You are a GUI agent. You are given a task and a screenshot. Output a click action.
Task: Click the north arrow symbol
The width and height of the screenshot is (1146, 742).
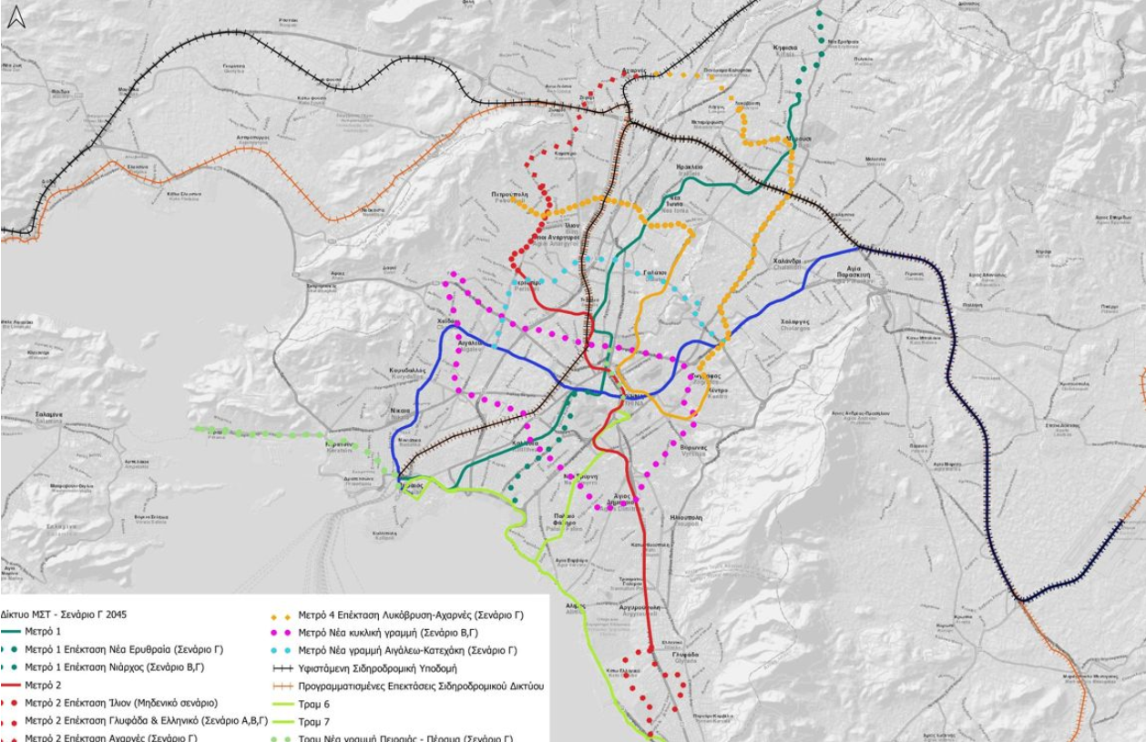(x=16, y=16)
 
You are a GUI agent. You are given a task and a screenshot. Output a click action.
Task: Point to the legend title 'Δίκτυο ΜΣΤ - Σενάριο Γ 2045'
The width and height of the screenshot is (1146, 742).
(x=65, y=615)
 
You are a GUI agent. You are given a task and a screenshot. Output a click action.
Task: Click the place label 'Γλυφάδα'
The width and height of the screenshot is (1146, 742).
(x=687, y=655)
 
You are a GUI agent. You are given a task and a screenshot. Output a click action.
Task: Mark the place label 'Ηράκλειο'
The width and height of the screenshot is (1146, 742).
(x=690, y=168)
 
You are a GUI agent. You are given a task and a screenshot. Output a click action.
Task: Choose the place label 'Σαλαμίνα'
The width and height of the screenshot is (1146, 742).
(x=48, y=414)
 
